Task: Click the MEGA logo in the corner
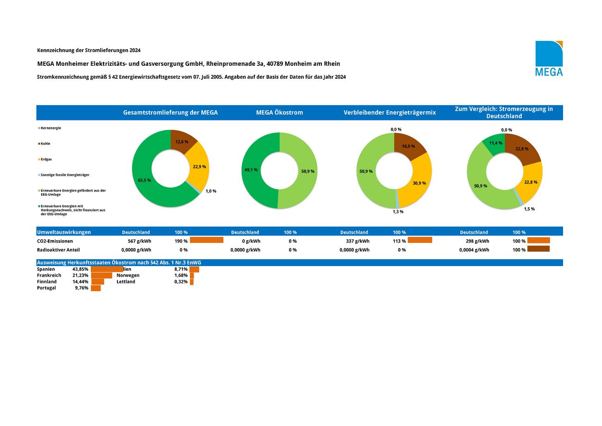click(x=549, y=58)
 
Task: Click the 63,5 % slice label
click(x=144, y=180)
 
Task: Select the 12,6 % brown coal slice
click(x=182, y=141)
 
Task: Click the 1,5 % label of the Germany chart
click(x=529, y=209)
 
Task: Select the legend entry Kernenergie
click(x=50, y=128)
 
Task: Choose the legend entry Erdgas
click(x=46, y=159)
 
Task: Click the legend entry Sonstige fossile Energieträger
click(x=65, y=175)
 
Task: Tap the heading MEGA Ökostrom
click(x=279, y=113)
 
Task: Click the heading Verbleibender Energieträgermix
click(x=389, y=113)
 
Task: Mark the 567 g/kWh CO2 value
click(x=139, y=241)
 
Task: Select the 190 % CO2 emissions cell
click(x=181, y=241)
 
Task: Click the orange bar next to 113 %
click(x=420, y=240)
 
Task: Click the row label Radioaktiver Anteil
click(x=58, y=250)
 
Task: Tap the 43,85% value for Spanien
click(x=80, y=269)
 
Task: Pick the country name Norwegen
click(x=128, y=275)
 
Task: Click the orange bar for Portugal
click(x=96, y=288)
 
